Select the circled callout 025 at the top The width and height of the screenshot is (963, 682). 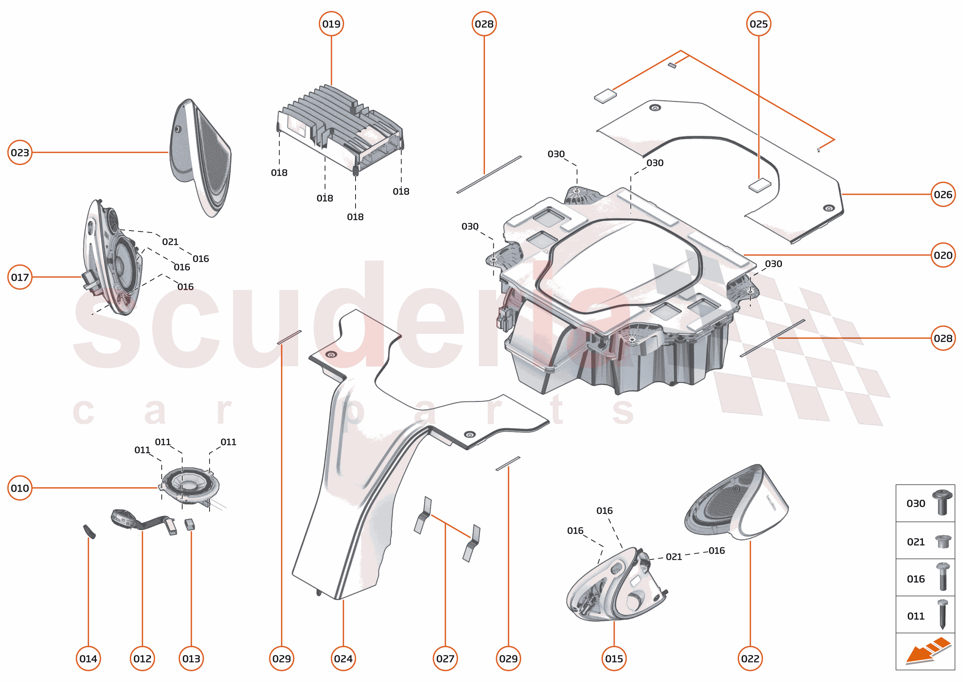tap(758, 24)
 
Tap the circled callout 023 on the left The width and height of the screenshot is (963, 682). tap(20, 152)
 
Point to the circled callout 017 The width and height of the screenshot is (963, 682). tap(20, 277)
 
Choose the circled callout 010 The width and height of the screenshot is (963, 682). tap(20, 488)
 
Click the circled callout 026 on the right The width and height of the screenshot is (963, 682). tap(943, 194)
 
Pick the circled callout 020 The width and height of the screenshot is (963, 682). tap(943, 255)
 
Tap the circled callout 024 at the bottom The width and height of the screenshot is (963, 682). tap(343, 658)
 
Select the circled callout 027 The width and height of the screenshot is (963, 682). tap(445, 658)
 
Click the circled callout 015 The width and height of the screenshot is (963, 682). tap(614, 658)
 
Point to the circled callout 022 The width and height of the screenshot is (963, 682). tap(750, 658)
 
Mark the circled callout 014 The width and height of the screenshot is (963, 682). tap(88, 658)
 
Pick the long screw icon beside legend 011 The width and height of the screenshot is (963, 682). tap(943, 615)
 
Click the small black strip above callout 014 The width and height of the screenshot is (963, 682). tap(89, 531)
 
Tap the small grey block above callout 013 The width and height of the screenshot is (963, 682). tap(190, 524)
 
